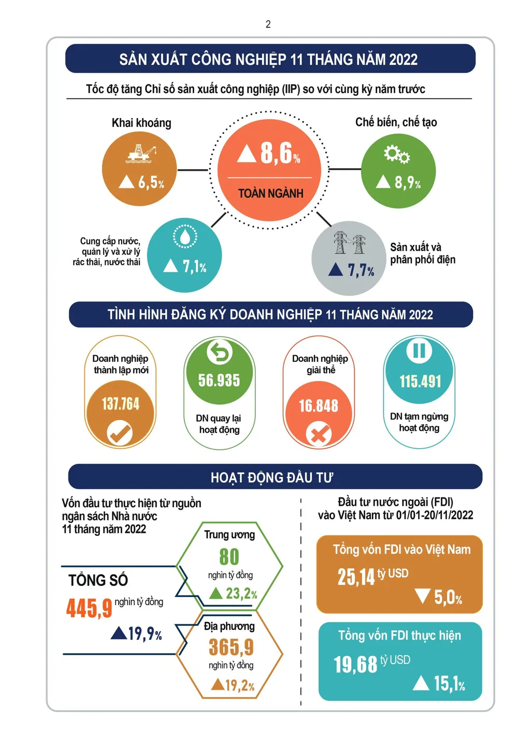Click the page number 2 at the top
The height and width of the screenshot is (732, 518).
268,24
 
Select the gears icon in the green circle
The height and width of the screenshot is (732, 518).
397,154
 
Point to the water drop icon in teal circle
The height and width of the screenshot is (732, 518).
184,237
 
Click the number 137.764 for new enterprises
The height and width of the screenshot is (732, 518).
120,404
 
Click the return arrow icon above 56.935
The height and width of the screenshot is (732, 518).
220,353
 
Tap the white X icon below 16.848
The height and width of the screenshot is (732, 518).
319,434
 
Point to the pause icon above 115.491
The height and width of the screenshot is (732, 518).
419,350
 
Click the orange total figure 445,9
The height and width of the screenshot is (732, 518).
89,608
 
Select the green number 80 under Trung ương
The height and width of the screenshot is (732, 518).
229,557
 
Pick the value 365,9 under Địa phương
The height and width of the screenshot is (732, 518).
231,647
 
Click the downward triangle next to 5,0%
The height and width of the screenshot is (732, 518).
423,596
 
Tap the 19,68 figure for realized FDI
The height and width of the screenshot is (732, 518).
355,664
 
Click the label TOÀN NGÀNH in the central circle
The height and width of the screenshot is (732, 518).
270,194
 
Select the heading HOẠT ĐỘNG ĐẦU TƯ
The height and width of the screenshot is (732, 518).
272,477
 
